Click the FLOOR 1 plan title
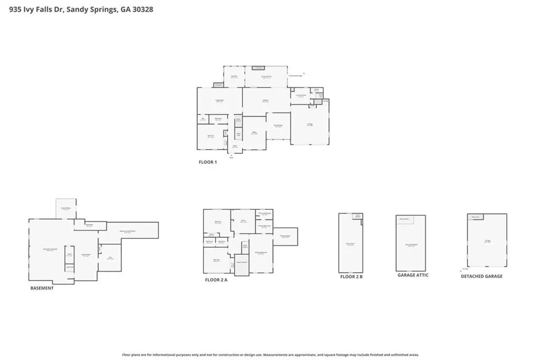point(208,162)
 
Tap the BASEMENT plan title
point(42,288)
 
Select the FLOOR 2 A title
point(216,280)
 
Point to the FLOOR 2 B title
point(351,276)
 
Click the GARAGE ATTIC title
point(413,275)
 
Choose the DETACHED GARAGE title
point(481,276)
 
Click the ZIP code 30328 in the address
point(143,9)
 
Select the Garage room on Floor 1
point(310,125)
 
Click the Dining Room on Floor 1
point(278,126)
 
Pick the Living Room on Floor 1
point(219,100)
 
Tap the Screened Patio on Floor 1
point(267,77)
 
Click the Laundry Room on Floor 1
point(300,96)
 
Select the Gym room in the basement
point(110,257)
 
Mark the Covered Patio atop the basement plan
point(66,209)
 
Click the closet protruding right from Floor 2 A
point(285,236)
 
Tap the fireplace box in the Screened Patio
point(258,68)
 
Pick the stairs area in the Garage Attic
point(404,219)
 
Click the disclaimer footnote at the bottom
point(270,355)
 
